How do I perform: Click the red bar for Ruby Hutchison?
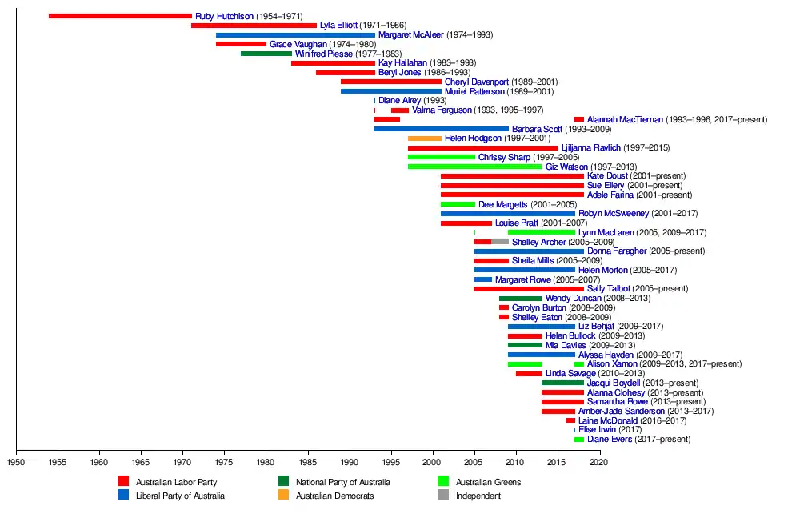click(120, 16)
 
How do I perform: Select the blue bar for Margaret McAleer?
click(295, 35)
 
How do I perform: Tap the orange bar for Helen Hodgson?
click(424, 139)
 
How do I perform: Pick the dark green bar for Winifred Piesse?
click(266, 54)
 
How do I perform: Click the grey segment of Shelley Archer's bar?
click(500, 242)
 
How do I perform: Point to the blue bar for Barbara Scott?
click(442, 129)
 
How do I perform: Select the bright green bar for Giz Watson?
click(474, 167)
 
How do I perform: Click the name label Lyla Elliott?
click(338, 26)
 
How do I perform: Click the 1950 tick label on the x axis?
click(16, 462)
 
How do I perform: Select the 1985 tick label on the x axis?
click(308, 462)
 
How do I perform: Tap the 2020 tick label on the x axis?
click(600, 462)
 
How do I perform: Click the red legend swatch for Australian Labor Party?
click(123, 482)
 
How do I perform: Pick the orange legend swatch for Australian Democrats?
click(283, 496)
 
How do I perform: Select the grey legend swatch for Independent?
click(443, 496)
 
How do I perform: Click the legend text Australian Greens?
click(488, 482)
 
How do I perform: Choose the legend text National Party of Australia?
click(343, 482)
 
